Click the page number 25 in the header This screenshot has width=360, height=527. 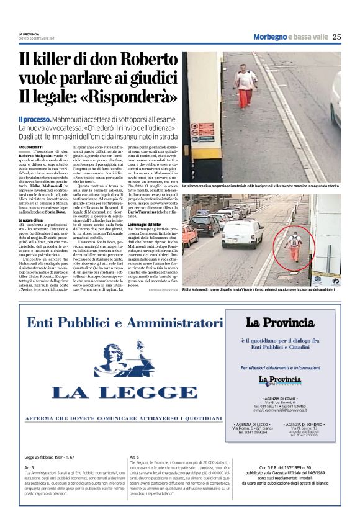337,37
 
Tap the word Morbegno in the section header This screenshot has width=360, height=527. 270,37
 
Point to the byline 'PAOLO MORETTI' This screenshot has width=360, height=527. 30,146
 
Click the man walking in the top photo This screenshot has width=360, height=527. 246,87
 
